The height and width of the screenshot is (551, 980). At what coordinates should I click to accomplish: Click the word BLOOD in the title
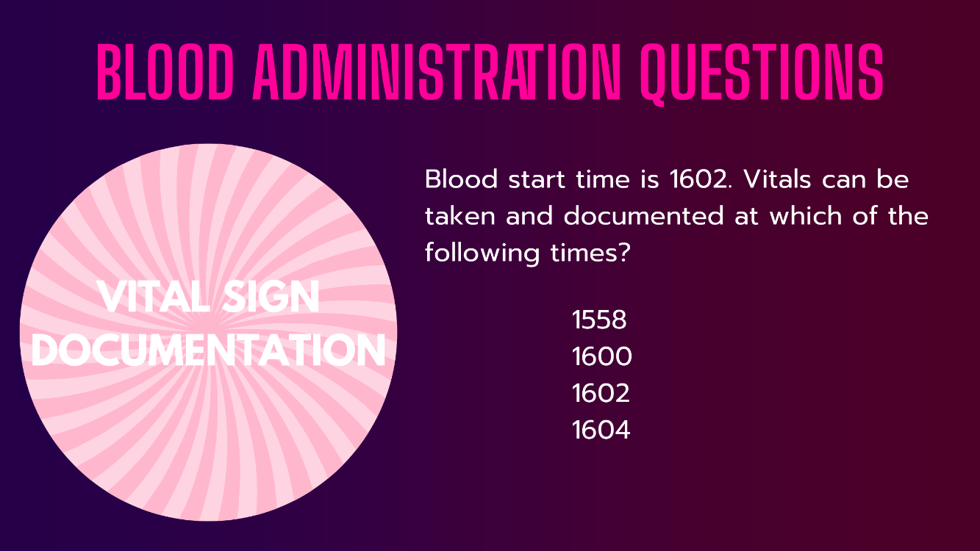(x=165, y=72)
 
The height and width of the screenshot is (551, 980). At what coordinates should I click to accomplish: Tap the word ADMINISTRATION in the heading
(x=437, y=72)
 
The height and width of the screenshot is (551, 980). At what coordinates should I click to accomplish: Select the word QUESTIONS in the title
(x=762, y=74)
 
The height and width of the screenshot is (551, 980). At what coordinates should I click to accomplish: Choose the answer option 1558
(x=599, y=320)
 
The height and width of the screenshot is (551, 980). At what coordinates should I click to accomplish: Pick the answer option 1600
(x=601, y=356)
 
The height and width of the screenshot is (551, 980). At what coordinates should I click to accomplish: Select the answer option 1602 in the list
(x=601, y=393)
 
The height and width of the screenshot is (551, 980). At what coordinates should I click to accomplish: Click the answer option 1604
(x=601, y=430)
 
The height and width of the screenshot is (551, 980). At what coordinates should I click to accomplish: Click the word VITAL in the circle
(x=154, y=297)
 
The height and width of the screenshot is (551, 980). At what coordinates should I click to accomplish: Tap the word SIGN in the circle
(x=271, y=297)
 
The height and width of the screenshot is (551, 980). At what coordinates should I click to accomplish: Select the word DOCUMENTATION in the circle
(x=208, y=350)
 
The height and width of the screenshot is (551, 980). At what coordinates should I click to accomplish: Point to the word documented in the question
(x=643, y=217)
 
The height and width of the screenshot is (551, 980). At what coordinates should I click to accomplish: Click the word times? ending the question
(x=590, y=253)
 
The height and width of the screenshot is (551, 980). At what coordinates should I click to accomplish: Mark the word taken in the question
(x=459, y=217)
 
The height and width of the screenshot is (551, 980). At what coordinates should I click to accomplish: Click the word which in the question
(x=806, y=217)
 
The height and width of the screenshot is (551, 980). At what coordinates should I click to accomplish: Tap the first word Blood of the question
(x=461, y=180)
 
